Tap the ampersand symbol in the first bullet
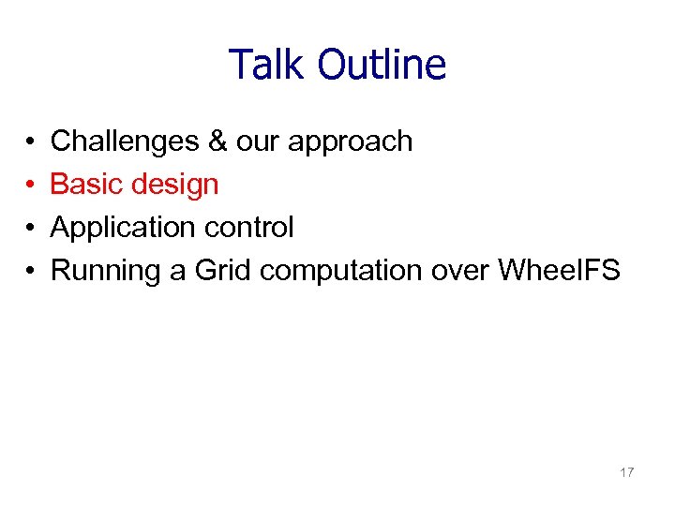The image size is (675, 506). (x=217, y=141)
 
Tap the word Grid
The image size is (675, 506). (x=224, y=271)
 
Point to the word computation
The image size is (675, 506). (x=342, y=272)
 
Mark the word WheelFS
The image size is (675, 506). (x=559, y=271)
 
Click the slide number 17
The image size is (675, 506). (x=626, y=473)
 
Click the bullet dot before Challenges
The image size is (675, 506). (x=31, y=142)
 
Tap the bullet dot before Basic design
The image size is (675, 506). (x=31, y=186)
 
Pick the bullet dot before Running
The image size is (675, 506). (x=31, y=272)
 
